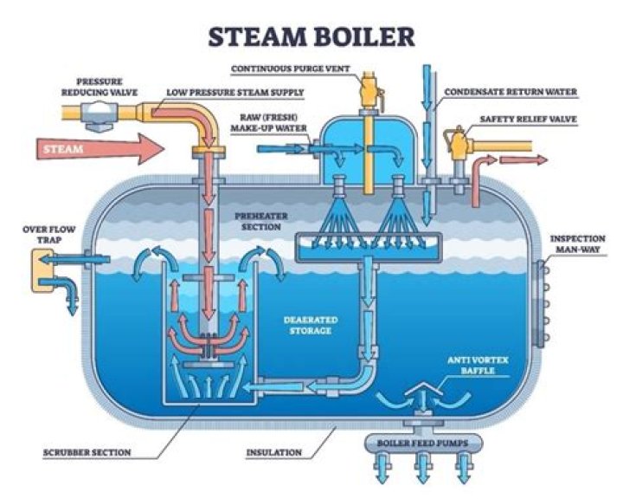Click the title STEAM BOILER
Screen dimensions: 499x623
coord(309,36)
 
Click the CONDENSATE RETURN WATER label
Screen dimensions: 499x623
coord(511,92)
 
